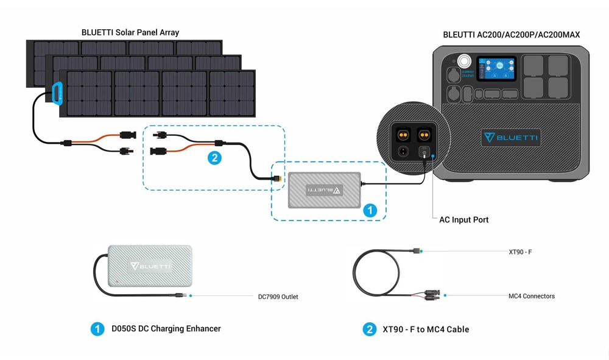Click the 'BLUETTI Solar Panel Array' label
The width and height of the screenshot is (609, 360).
click(x=130, y=32)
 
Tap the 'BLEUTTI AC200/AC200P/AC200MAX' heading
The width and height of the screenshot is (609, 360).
click(x=511, y=35)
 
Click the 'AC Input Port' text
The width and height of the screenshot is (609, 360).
click(x=463, y=219)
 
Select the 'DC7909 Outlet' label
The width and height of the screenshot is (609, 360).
click(x=278, y=297)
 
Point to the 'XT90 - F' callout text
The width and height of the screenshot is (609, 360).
click(x=521, y=251)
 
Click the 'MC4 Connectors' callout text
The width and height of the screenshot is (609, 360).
click(x=531, y=296)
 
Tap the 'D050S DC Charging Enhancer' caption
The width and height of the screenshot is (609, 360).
click(x=166, y=328)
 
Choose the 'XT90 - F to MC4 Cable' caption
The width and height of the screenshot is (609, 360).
click(x=426, y=330)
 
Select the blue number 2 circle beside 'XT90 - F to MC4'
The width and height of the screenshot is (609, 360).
click(x=369, y=330)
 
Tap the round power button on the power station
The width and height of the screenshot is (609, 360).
click(x=465, y=62)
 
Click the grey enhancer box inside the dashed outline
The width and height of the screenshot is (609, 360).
click(x=325, y=191)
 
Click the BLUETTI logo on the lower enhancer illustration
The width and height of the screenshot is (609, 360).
click(x=150, y=266)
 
